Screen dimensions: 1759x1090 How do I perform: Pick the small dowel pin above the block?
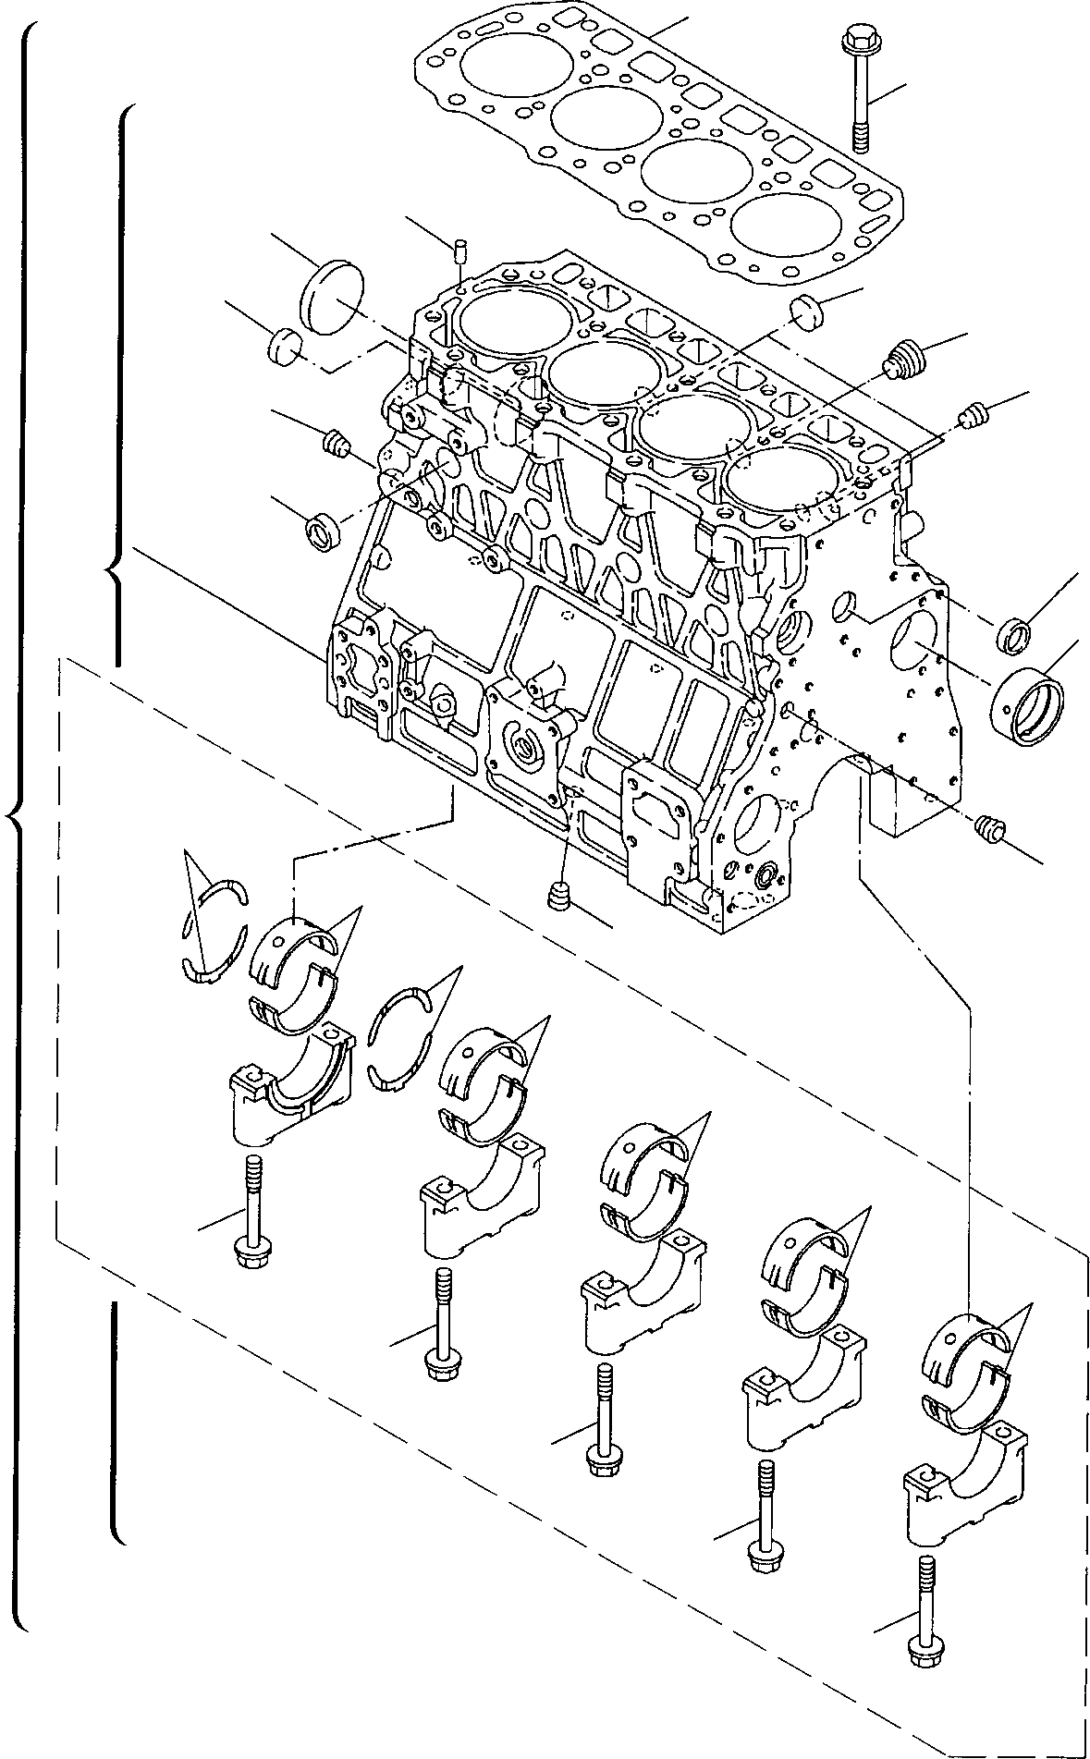(x=460, y=250)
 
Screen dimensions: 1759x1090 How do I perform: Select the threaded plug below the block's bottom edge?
(x=558, y=896)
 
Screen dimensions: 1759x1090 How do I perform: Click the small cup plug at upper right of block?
(x=808, y=310)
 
